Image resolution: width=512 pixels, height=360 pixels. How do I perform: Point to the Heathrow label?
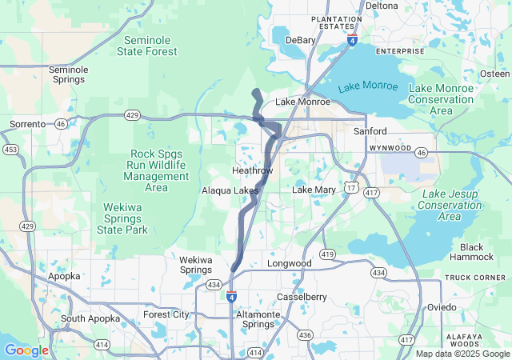click(x=252, y=171)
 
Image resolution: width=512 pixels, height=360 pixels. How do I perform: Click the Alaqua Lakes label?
click(x=230, y=190)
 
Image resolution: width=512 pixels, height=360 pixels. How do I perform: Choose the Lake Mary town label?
click(x=314, y=190)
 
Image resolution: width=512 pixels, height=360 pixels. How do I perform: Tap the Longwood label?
click(x=289, y=263)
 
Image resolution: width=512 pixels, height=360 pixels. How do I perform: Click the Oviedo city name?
click(x=441, y=307)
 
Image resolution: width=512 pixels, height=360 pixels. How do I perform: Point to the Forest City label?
click(x=166, y=314)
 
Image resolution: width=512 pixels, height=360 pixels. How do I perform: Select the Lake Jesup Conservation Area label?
click(x=450, y=205)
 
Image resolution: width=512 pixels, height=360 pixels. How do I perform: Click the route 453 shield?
click(x=10, y=150)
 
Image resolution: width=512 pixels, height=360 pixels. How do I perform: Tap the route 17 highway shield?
click(x=351, y=186)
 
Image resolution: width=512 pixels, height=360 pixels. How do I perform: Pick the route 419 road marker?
click(x=326, y=254)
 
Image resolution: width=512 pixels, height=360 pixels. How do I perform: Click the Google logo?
click(x=26, y=350)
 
